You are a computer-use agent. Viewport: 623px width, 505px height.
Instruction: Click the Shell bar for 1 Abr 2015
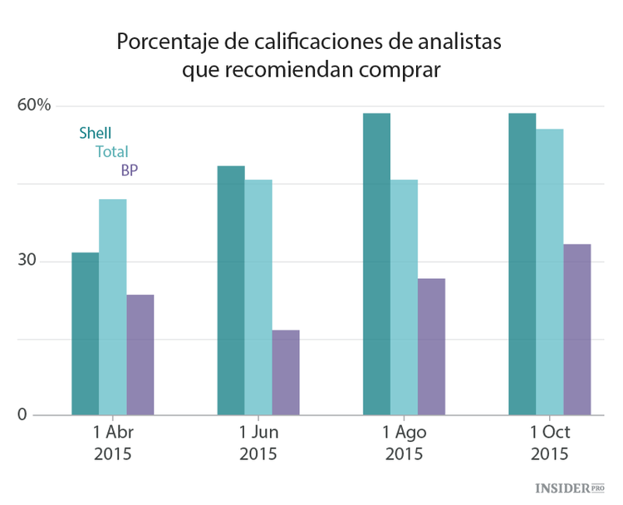click(x=86, y=334)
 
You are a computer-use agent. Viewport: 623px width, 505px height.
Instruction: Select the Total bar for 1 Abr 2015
click(x=113, y=307)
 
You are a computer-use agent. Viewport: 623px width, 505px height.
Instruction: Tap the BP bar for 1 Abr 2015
click(x=140, y=355)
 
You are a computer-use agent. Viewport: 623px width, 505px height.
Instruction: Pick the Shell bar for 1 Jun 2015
click(x=231, y=291)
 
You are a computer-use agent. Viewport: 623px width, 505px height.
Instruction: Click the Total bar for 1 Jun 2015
click(x=258, y=297)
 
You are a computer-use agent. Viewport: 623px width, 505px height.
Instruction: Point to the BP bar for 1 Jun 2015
click(x=286, y=373)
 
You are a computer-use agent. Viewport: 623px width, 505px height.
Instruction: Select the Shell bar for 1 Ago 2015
click(x=376, y=264)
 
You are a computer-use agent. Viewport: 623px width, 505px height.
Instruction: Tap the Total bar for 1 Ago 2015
click(x=404, y=297)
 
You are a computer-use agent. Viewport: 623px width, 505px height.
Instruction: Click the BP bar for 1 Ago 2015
click(x=431, y=347)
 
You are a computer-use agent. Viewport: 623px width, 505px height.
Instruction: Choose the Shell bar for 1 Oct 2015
click(x=522, y=264)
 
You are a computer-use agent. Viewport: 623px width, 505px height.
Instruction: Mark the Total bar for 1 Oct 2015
click(x=549, y=272)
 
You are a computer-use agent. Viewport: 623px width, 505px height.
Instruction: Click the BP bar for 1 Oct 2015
click(x=577, y=330)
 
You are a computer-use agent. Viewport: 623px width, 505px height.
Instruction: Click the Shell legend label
click(x=96, y=133)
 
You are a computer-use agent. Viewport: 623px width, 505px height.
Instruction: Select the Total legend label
click(x=112, y=152)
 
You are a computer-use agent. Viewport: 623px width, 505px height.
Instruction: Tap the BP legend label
click(x=130, y=170)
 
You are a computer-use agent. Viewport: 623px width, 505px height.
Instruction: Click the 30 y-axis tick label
click(x=28, y=261)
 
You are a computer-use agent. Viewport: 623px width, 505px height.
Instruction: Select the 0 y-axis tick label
click(x=22, y=415)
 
